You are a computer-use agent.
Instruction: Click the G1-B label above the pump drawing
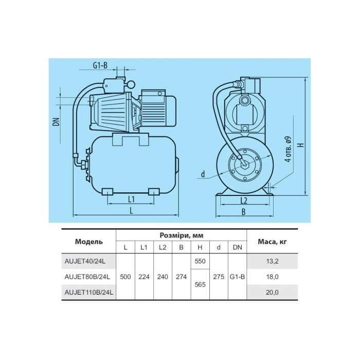100,65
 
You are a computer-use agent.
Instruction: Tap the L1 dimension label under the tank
131,200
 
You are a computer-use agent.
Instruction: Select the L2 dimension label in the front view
244,201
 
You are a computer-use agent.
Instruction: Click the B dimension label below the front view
244,212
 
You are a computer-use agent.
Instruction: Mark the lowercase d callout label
203,174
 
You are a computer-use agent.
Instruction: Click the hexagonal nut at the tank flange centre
244,164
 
